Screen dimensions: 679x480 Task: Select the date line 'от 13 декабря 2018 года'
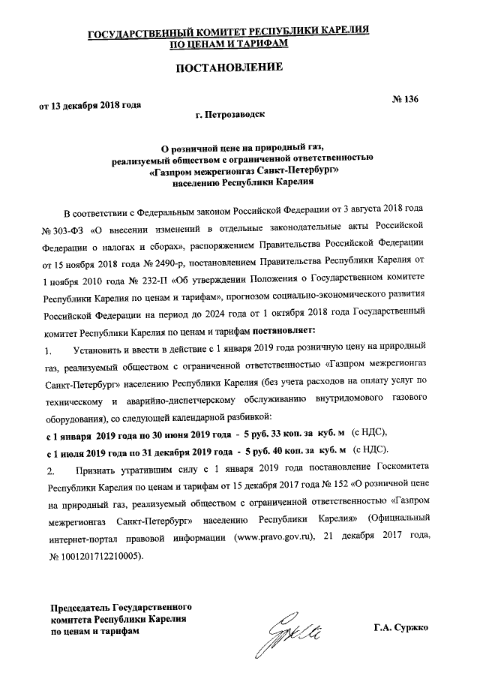(91, 105)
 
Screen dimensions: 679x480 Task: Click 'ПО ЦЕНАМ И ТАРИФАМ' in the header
(229, 44)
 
